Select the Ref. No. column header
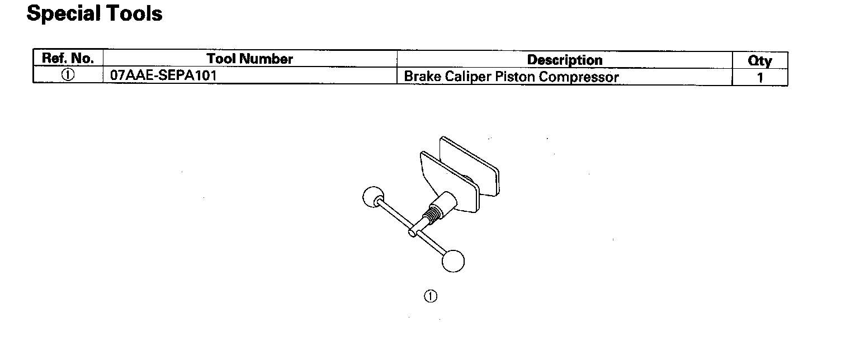pyautogui.click(x=68, y=58)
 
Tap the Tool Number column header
pyautogui.click(x=249, y=59)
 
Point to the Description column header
pyautogui.click(x=565, y=60)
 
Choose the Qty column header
pyautogui.click(x=759, y=60)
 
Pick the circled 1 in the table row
pyautogui.click(x=68, y=76)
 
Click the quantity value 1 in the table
pyautogui.click(x=760, y=78)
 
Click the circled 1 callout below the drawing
pyautogui.click(x=430, y=296)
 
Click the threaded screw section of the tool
pyautogui.click(x=431, y=215)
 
